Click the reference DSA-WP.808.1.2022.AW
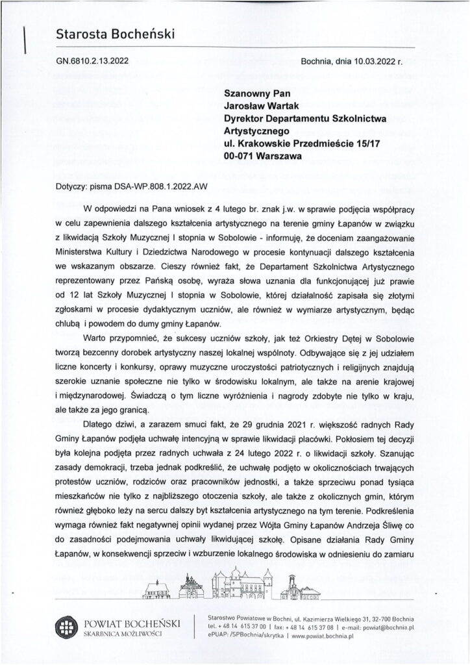[x=161, y=185]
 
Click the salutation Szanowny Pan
[x=256, y=92]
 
